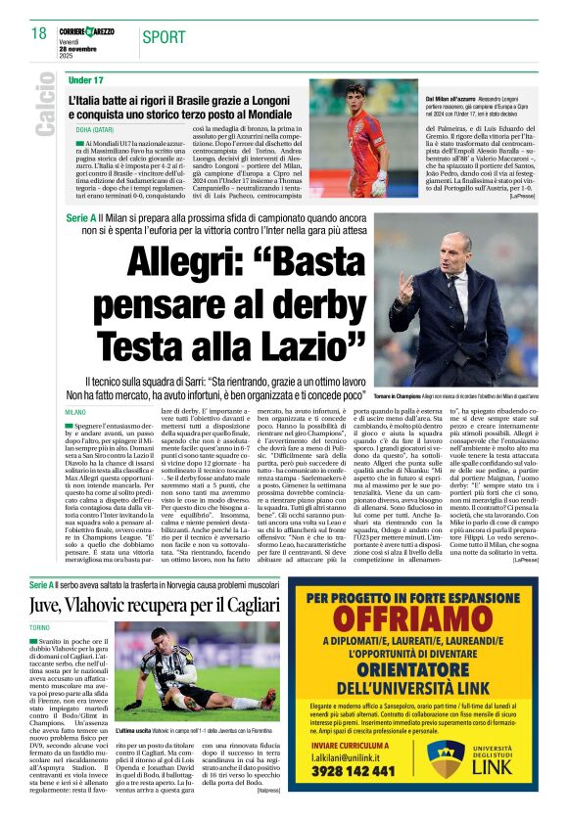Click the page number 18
(x=40, y=32)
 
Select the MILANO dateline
(x=75, y=414)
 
